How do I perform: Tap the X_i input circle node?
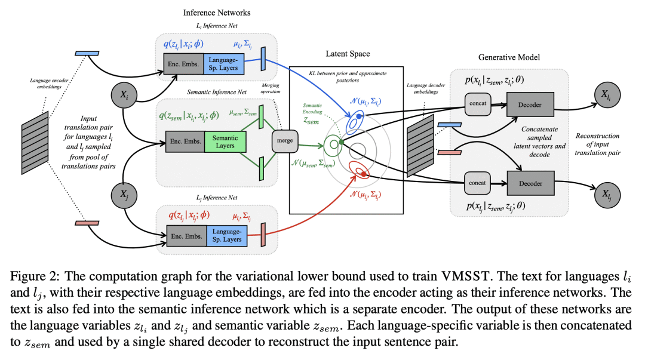[123, 96]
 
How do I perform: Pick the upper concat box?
[477, 104]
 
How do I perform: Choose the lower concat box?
[477, 183]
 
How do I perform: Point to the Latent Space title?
[348, 54]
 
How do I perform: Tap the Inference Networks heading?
[216, 13]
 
